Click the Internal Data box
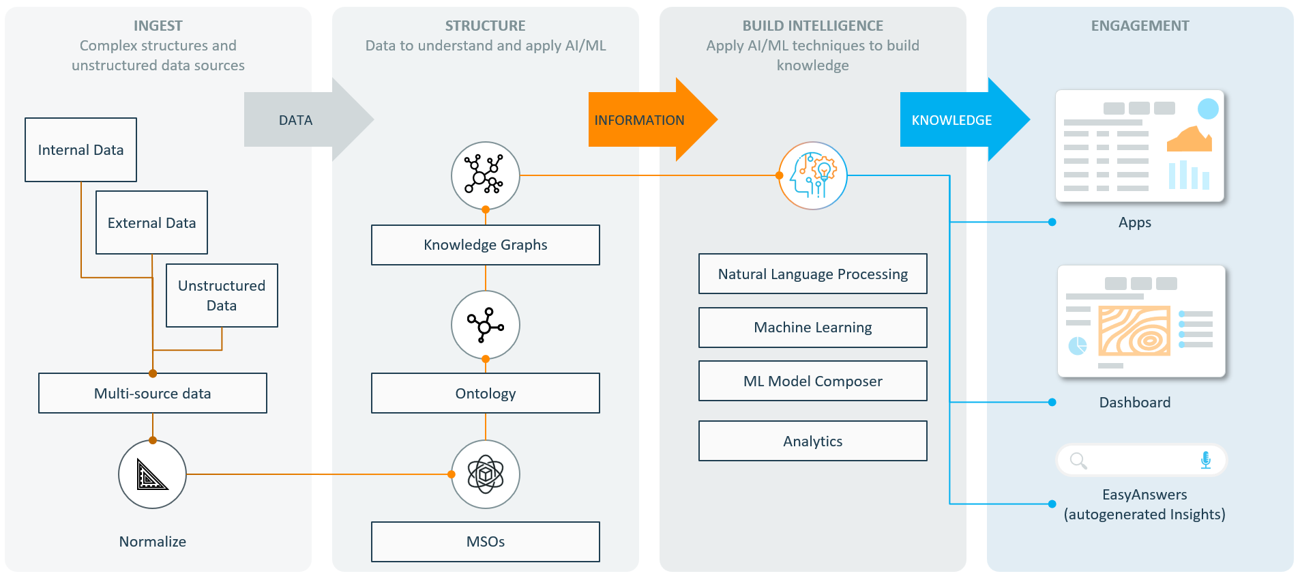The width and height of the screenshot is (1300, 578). point(80,150)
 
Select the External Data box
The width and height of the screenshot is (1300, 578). point(151,222)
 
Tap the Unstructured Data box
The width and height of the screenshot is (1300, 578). point(222,295)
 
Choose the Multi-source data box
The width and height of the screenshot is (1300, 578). point(152,393)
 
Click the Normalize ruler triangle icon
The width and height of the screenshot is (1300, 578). point(152,474)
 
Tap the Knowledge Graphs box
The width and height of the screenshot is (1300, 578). point(485,245)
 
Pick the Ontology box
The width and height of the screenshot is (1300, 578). point(485,393)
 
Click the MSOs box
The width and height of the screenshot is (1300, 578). point(485,542)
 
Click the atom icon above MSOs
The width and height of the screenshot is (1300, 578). point(485,474)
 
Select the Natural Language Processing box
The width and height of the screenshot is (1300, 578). point(812,274)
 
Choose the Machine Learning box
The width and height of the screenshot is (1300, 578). point(812,328)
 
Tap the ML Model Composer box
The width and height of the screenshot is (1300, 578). point(812,381)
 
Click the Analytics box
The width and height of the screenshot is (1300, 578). point(812,441)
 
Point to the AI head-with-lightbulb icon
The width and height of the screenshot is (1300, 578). point(812,175)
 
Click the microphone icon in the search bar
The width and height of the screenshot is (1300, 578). point(1205,460)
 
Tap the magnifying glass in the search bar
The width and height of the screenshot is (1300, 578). point(1078,461)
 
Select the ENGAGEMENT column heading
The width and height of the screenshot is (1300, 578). point(1140,26)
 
